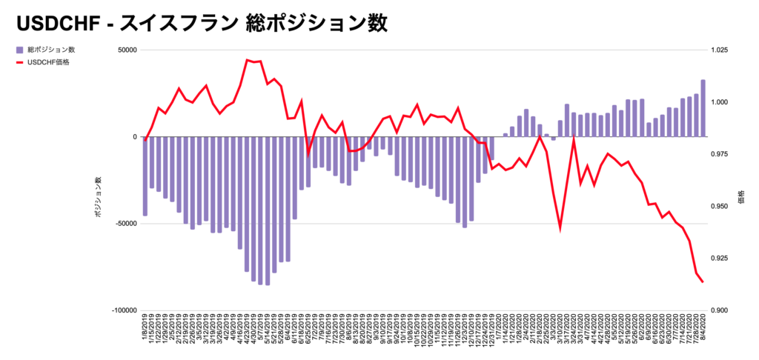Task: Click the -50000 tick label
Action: [125, 224]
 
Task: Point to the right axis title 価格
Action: [742, 196]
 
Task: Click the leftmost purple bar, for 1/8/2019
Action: [145, 176]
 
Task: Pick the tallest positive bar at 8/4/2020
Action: [703, 108]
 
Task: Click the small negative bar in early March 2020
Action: [553, 139]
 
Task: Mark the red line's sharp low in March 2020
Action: [560, 229]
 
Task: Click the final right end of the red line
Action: [703, 281]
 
